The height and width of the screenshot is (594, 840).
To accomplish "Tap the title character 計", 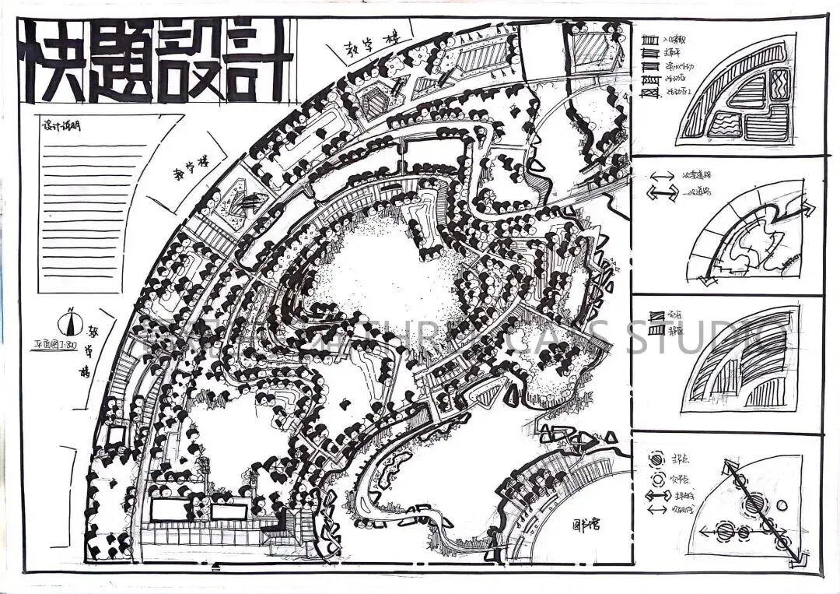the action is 257,62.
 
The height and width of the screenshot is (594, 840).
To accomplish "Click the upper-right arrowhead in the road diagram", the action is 809,207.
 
